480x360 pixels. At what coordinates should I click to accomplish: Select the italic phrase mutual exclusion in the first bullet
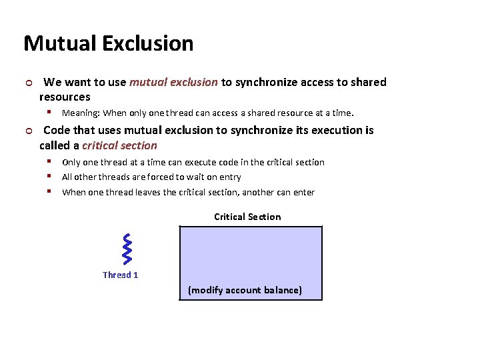tap(173, 82)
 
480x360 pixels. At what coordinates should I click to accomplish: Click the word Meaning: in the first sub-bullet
tap(81, 113)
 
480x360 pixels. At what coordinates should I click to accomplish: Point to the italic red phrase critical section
tap(119, 145)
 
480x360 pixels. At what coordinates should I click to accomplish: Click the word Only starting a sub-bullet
tap(72, 162)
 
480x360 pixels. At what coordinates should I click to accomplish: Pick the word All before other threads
tap(67, 177)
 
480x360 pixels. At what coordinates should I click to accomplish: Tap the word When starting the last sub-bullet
tap(75, 192)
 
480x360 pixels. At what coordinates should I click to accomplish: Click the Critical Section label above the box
tap(247, 217)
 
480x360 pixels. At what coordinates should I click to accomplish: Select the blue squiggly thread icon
tap(127, 247)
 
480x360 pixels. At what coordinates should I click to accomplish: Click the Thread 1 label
tap(121, 275)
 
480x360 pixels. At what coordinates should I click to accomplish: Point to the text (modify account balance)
tap(245, 290)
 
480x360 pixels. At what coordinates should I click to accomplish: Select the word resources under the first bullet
tap(65, 97)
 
